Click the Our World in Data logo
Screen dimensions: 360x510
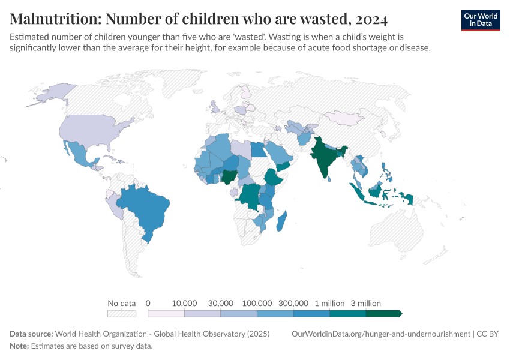click(480, 20)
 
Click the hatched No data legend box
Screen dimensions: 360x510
click(121, 313)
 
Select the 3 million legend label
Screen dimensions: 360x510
click(366, 303)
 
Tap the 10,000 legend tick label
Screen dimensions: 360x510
click(184, 303)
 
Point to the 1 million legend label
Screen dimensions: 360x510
click(329, 303)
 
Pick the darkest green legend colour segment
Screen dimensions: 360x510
click(383, 313)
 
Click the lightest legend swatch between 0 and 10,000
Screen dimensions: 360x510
click(166, 313)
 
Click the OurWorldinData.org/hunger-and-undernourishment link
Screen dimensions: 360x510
click(380, 334)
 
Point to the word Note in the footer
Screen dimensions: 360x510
click(19, 346)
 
